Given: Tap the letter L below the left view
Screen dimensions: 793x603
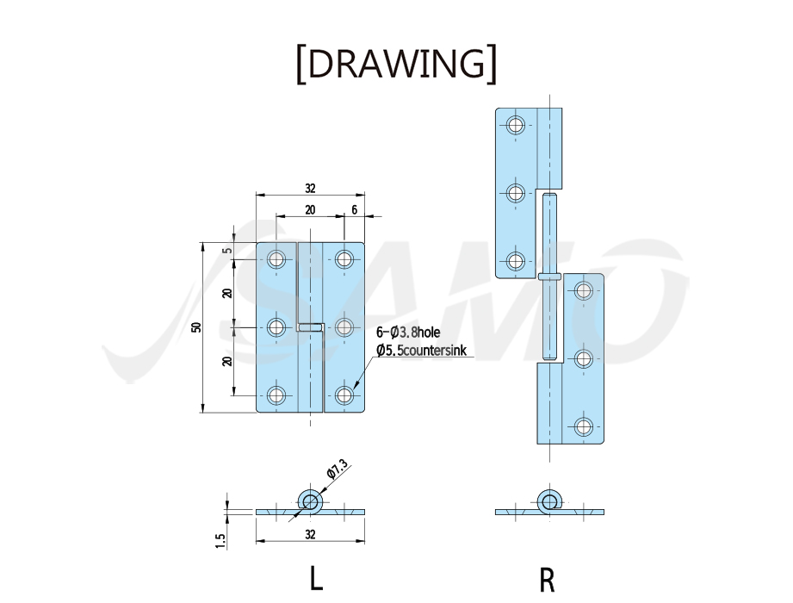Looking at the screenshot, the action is [x=316, y=578].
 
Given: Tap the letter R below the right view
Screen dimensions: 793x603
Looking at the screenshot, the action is [x=548, y=580].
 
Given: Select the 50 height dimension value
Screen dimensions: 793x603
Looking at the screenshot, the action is [x=196, y=327].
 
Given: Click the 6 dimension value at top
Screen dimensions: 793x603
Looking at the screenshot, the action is [x=354, y=209].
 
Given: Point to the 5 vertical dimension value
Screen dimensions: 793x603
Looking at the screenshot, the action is [x=227, y=251].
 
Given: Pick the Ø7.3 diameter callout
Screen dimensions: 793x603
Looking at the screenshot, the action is [x=337, y=469].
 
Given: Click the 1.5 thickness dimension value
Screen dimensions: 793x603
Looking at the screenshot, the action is [x=220, y=540].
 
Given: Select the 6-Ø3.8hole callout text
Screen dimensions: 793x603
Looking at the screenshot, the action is [x=407, y=333].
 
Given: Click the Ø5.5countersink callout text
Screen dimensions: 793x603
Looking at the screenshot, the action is [x=421, y=350].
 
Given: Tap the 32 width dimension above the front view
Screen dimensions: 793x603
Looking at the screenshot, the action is [x=310, y=188].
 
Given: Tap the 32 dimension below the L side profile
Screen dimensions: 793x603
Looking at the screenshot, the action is [x=310, y=534].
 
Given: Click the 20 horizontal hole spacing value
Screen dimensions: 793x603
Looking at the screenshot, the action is [x=310, y=209].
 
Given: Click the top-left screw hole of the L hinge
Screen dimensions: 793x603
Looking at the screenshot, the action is [x=276, y=259].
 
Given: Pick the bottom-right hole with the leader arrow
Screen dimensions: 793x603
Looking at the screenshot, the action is [x=344, y=395].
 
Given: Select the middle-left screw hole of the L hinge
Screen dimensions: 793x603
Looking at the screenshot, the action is [x=276, y=327].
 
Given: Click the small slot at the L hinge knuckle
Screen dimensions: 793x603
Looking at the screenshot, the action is [x=311, y=327].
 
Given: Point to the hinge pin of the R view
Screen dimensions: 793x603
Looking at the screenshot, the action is [x=549, y=277].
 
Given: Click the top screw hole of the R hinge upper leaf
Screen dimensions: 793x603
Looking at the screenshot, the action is [x=516, y=124].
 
